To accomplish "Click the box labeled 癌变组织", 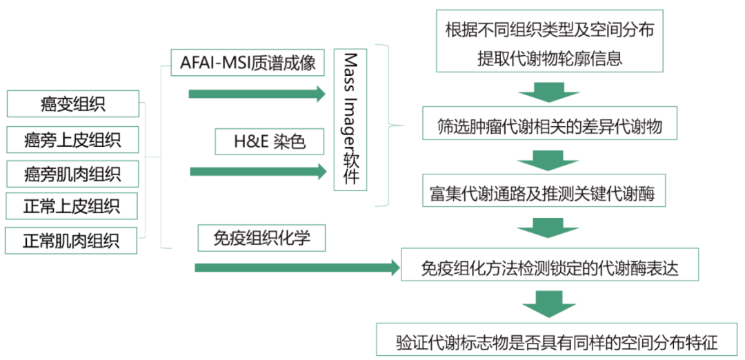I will pos(72,105).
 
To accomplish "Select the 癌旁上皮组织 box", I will pos(72,140).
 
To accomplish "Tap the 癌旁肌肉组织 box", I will pos(72,173).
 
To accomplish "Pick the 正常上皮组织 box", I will pos(72,206).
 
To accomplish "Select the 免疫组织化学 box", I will pos(261,238).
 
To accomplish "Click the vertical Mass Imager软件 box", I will pos(350,120).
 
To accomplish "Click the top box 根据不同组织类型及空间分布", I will pos(549,41).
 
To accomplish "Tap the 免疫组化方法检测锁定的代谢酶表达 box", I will pos(550,268).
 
